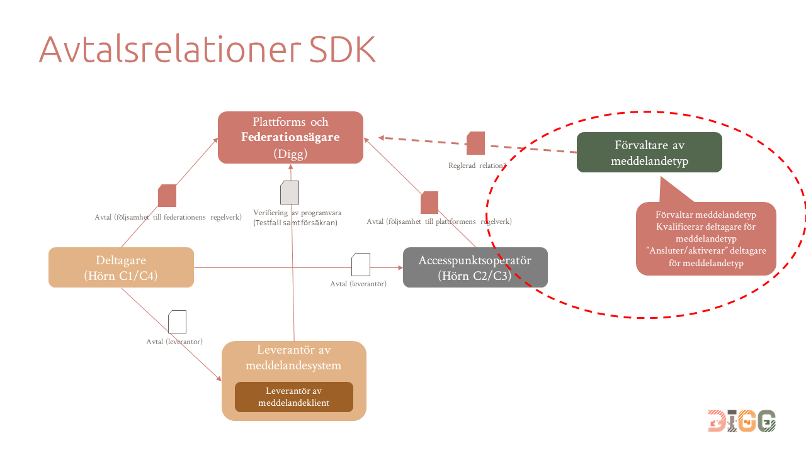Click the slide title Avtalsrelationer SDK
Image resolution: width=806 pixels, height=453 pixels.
coord(207,49)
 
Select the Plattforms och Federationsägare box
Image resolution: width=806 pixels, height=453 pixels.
coord(290,137)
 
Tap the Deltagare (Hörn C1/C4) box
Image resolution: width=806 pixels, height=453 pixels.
coord(121,267)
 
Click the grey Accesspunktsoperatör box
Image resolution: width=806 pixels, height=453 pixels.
coord(475,267)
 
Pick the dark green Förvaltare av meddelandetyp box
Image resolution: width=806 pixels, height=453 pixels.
coord(649,152)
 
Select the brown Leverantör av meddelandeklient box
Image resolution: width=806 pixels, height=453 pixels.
coord(293,397)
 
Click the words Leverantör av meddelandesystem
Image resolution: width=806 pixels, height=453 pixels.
coord(293,357)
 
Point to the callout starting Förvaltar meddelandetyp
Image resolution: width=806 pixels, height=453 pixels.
coord(706,239)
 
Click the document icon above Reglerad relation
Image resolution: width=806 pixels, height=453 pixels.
coord(475,143)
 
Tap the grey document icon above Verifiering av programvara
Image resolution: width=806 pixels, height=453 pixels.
coord(290,193)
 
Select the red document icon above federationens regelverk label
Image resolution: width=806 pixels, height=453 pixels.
coord(167,196)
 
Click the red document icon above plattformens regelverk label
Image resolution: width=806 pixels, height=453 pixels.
coord(429,203)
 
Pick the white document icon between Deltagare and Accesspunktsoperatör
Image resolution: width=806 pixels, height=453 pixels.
coord(361,264)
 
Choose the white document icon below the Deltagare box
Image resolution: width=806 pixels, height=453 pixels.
coord(178,322)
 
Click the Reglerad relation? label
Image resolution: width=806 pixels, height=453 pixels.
coord(477,166)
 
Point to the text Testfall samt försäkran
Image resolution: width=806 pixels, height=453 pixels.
coord(295,223)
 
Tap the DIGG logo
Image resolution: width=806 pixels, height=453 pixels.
coord(741,421)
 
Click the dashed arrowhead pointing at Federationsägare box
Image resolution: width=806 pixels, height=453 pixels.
coord(382,137)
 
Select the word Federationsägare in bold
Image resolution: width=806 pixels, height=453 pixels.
coord(290,137)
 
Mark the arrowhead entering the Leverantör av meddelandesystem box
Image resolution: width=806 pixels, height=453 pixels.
coord(219,379)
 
